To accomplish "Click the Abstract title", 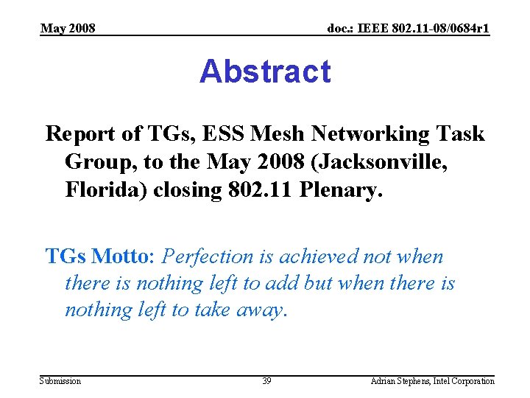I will pyautogui.click(x=265, y=72).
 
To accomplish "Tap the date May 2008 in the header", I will pyautogui.click(x=68, y=29).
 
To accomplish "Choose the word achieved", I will pyautogui.click(x=325, y=256).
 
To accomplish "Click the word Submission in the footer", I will pyautogui.click(x=60, y=381).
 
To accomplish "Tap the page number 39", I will pyautogui.click(x=266, y=381).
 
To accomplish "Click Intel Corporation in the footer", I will pyautogui.click(x=466, y=381).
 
